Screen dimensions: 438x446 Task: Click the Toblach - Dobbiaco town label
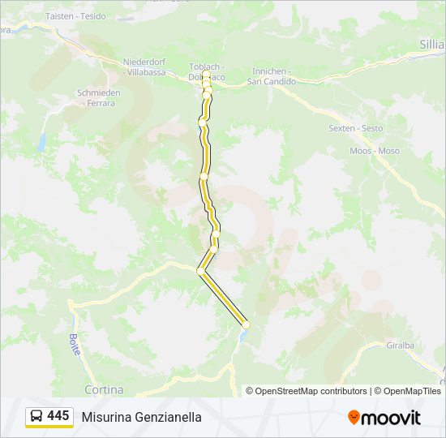(206, 72)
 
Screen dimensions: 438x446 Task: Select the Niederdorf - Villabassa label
(147, 67)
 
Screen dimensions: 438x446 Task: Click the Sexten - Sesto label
(355, 128)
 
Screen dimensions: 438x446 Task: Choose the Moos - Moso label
(374, 151)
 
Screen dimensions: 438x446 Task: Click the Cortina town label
(104, 389)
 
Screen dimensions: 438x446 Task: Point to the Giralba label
(400, 344)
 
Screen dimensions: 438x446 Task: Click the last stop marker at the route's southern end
(246, 325)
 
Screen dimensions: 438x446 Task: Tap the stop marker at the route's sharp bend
(200, 271)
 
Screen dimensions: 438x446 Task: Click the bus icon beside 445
(36, 416)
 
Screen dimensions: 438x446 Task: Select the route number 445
(58, 416)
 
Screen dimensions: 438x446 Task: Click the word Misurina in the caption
(106, 418)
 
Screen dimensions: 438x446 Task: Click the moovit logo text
(391, 418)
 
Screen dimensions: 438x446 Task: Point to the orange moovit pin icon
(354, 418)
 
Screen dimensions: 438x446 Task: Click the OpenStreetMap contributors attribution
(311, 391)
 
